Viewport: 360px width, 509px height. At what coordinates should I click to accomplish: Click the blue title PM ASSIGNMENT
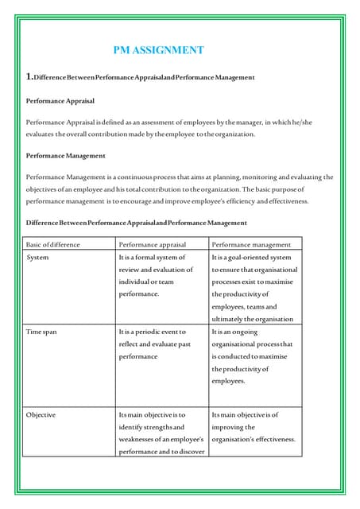158,50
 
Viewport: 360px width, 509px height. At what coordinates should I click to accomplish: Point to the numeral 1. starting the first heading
29,77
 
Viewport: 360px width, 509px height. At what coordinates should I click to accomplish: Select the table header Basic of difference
54,244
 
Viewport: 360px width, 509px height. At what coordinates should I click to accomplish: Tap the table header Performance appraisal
152,244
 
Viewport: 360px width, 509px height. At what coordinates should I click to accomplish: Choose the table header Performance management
251,244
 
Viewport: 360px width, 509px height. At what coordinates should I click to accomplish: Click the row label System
37,258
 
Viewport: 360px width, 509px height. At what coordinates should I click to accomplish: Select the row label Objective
41,415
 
